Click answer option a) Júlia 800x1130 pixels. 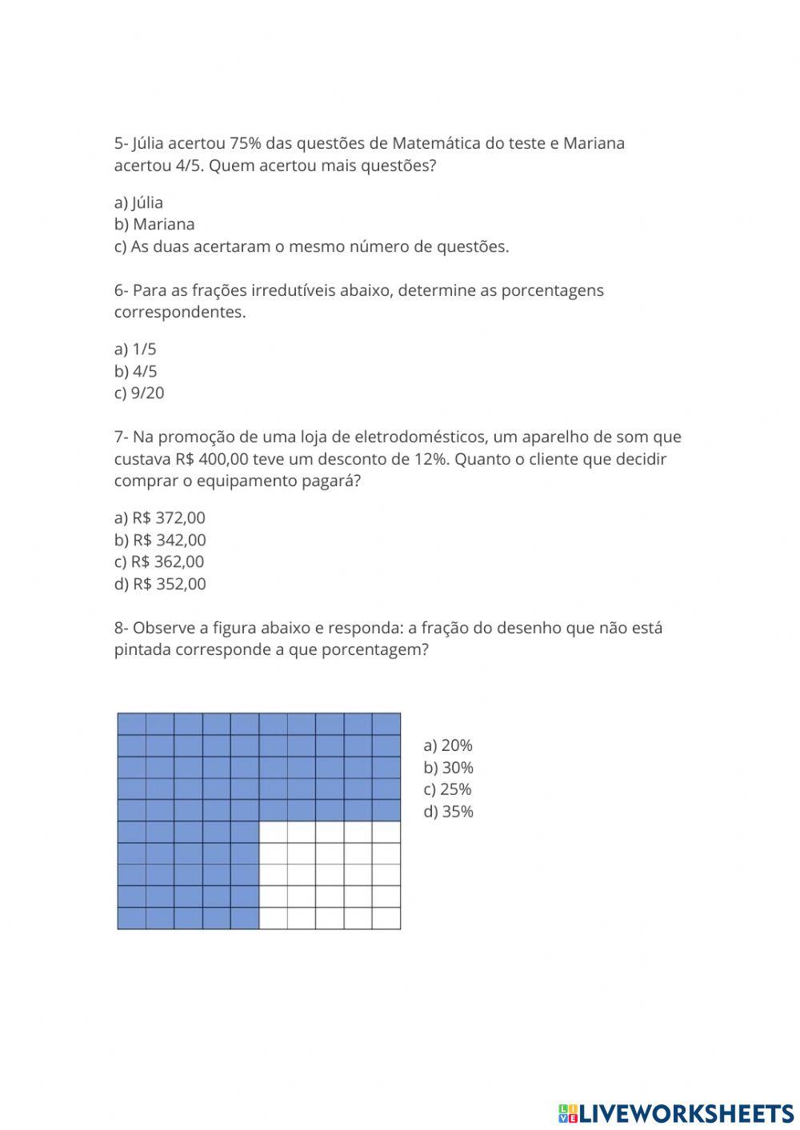[x=138, y=202]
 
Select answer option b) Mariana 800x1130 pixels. [x=154, y=224]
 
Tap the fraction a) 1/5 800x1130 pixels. [x=135, y=349]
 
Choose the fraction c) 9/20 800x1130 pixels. [x=139, y=393]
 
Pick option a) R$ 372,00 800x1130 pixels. [x=160, y=517]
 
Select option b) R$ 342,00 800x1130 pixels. [x=160, y=540]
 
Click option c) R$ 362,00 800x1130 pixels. [x=159, y=561]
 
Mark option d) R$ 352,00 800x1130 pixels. [x=160, y=584]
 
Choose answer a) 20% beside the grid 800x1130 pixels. [x=448, y=745]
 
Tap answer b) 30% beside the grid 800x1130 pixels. [x=449, y=768]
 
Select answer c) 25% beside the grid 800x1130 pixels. [x=447, y=789]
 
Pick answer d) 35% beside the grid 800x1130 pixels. [x=449, y=812]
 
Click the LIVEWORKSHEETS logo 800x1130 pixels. [x=676, y=1112]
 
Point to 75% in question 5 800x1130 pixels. [x=245, y=143]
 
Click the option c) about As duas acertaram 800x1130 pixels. [x=311, y=246]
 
